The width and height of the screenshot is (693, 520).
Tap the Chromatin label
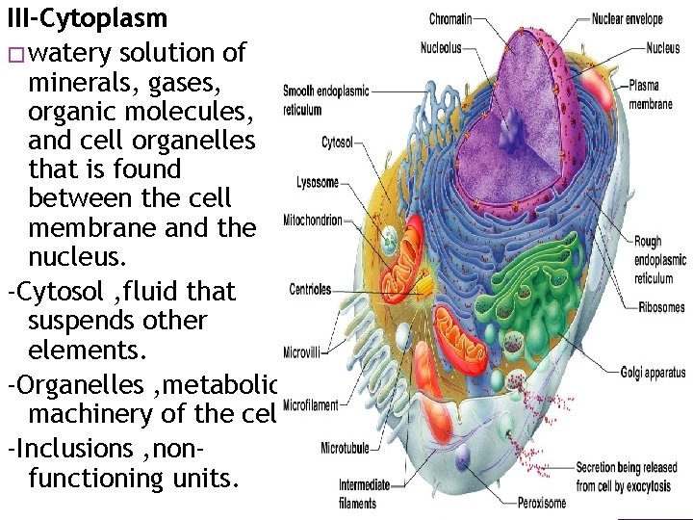[449, 18]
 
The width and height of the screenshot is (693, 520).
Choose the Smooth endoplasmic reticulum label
[324, 100]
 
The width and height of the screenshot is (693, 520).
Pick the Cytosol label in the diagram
[336, 143]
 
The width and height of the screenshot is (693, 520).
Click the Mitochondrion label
[313, 221]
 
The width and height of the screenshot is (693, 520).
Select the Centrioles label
[310, 289]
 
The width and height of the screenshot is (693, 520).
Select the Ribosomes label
[661, 308]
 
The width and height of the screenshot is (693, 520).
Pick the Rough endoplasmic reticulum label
[659, 260]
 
